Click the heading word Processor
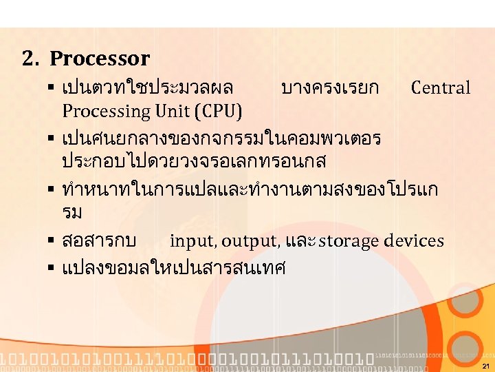[x=100, y=59]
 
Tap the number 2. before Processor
[x=30, y=59]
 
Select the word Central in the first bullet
[x=441, y=87]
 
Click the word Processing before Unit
[x=105, y=111]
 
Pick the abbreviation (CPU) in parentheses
[x=219, y=111]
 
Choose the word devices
[x=414, y=241]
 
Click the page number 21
[x=485, y=366]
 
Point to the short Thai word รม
[x=72, y=213]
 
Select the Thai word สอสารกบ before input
[x=98, y=241]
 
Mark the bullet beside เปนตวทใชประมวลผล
[x=52, y=88]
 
